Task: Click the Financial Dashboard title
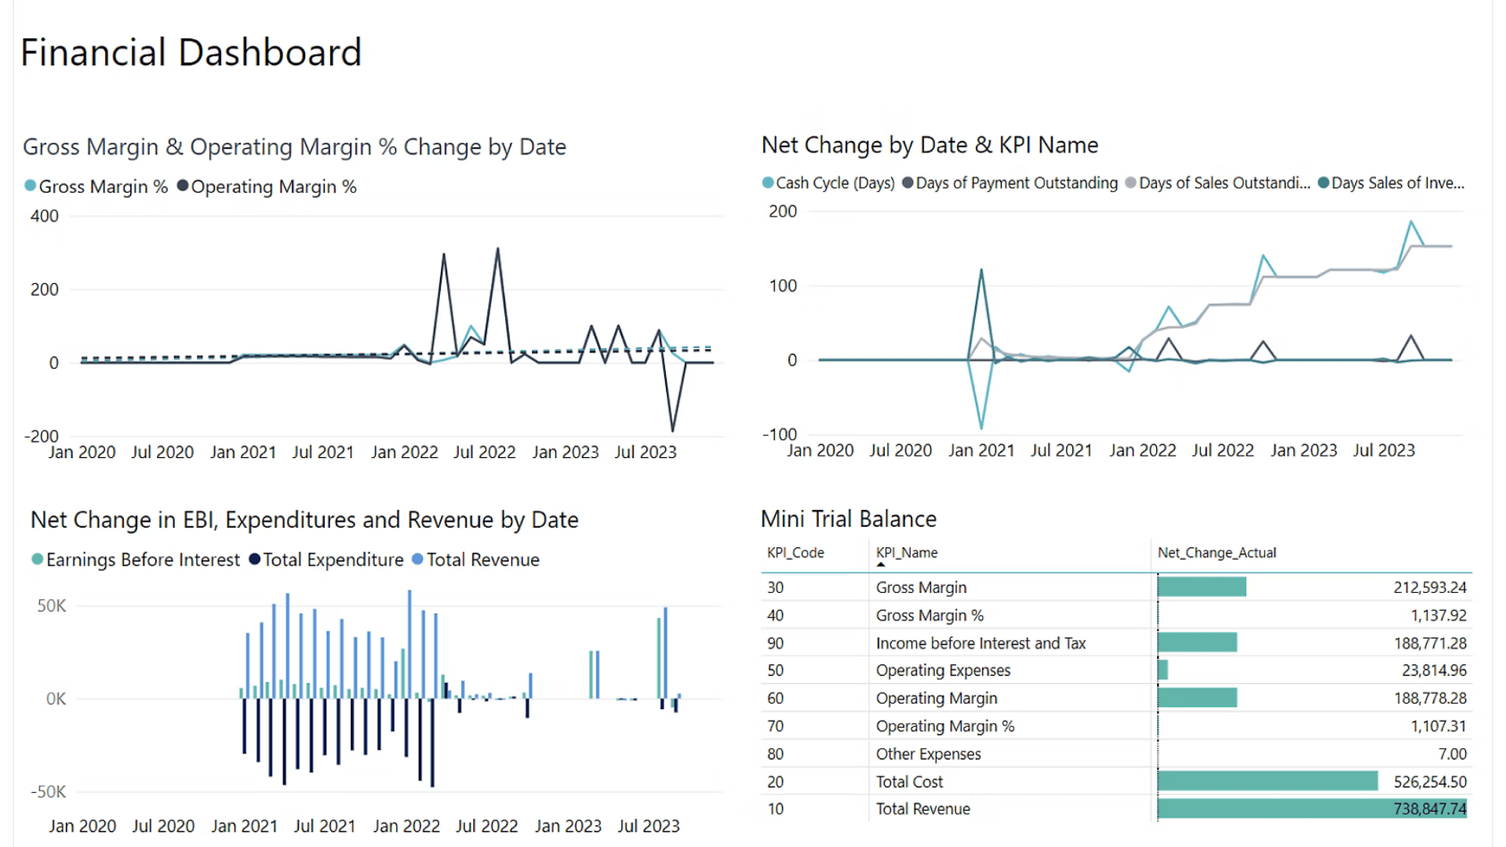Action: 191,53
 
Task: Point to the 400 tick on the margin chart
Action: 45,216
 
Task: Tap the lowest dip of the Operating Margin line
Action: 672,430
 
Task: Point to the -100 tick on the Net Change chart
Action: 780,434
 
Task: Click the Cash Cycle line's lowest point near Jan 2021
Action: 981,427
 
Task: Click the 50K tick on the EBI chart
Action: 52,605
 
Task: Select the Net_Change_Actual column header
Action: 1217,553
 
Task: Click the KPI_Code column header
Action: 795,553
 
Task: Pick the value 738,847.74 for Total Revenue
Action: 1429,809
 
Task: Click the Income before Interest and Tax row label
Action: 980,643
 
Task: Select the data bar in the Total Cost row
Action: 1267,781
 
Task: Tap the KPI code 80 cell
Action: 776,754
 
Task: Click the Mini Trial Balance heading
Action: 849,519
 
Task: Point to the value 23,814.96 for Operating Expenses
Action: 1434,671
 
